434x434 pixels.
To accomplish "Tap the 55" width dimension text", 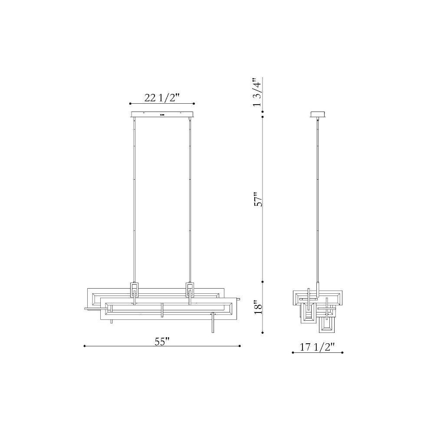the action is [x=162, y=342].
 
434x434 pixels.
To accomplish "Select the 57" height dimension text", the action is [x=258, y=199].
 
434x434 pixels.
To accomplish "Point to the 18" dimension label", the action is [x=258, y=307].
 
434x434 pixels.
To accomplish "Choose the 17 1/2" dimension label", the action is [x=318, y=347].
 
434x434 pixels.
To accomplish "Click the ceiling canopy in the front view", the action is [x=162, y=114].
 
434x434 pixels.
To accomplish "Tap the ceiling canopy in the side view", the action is [x=318, y=114].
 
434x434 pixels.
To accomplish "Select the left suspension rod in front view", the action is [x=134, y=200].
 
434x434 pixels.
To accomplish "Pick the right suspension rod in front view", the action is [x=190, y=200].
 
